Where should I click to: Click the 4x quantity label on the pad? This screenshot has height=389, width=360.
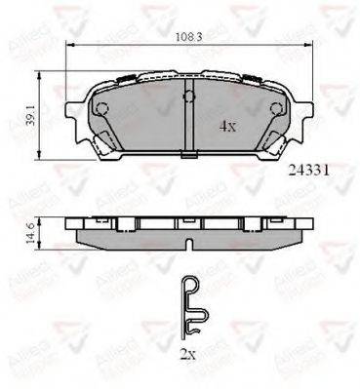(225, 126)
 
